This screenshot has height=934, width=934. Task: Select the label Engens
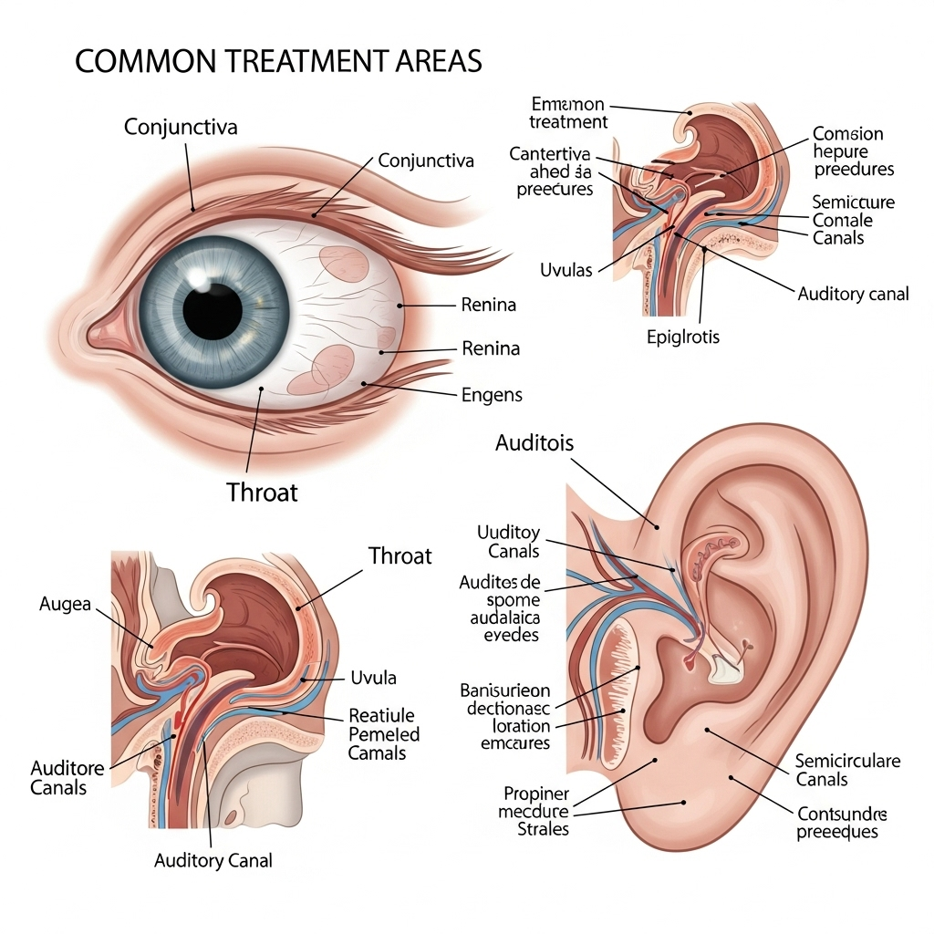[493, 395]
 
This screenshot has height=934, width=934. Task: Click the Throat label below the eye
[262, 493]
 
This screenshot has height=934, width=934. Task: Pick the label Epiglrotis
[683, 337]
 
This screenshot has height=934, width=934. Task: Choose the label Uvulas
[566, 270]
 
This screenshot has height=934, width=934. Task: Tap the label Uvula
[374, 678]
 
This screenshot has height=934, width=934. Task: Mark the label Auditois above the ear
[534, 444]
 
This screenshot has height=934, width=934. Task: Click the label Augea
[66, 604]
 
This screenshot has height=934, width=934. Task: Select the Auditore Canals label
[67, 777]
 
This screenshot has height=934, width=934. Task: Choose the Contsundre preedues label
[842, 823]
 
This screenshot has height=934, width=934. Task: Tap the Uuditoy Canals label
[509, 542]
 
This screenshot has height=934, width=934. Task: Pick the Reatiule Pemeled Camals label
[383, 734]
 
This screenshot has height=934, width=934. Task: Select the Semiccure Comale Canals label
[853, 220]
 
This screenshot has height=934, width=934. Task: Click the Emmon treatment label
[567, 112]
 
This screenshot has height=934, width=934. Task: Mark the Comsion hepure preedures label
[853, 151]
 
